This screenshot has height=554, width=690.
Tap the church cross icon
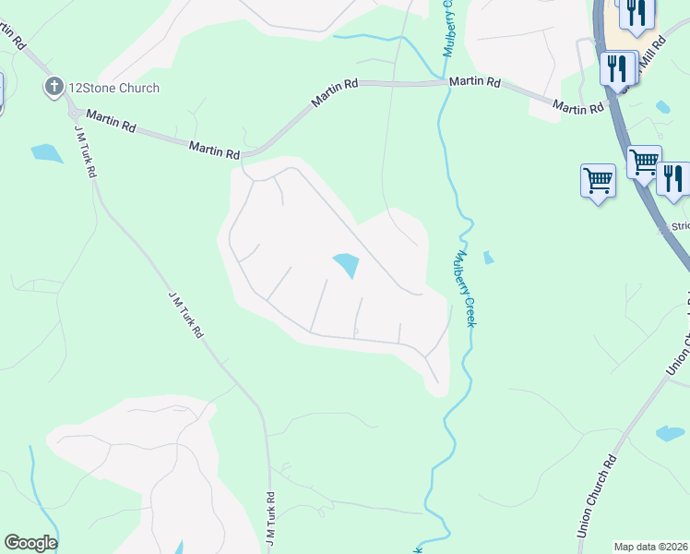(x=54, y=88)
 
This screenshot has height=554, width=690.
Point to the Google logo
(x=30, y=543)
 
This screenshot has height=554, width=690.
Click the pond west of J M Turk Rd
(x=45, y=152)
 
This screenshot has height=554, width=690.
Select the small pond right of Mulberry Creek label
(x=488, y=258)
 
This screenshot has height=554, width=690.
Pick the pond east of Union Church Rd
(x=670, y=433)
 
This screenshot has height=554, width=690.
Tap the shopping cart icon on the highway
(x=643, y=162)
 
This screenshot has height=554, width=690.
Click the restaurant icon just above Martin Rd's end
(x=616, y=67)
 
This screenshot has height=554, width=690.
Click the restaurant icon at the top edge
(x=636, y=12)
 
